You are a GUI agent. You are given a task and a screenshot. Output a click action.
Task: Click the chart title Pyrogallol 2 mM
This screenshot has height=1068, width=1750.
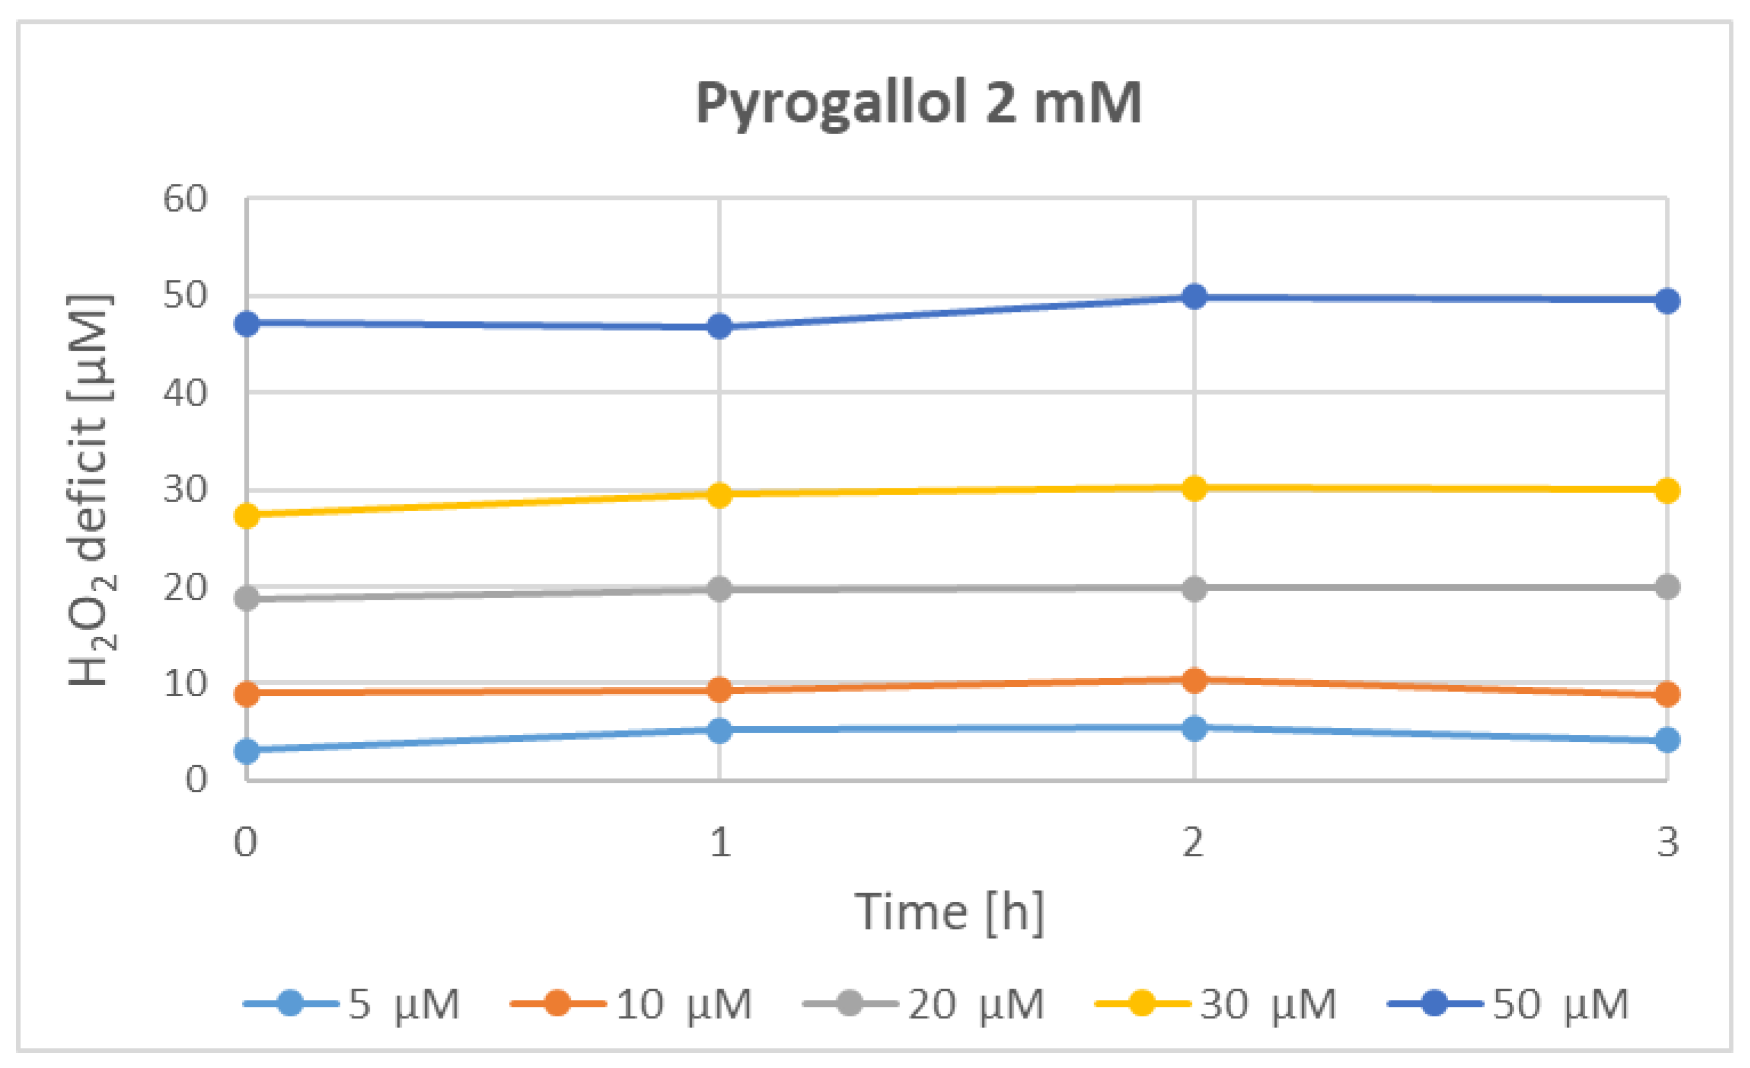[918, 105]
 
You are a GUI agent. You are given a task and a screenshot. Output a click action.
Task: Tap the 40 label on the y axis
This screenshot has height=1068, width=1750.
[185, 393]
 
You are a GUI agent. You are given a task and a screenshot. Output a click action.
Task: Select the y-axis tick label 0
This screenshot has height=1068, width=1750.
[196, 780]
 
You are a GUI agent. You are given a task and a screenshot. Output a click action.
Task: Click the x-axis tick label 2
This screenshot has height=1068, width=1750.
[1193, 843]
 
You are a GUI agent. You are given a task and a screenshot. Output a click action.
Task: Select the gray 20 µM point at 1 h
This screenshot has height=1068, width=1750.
[719, 589]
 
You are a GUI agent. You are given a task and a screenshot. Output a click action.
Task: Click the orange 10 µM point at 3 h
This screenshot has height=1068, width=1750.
[1667, 694]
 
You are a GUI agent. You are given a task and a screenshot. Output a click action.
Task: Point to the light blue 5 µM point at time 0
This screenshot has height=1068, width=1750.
[247, 750]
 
